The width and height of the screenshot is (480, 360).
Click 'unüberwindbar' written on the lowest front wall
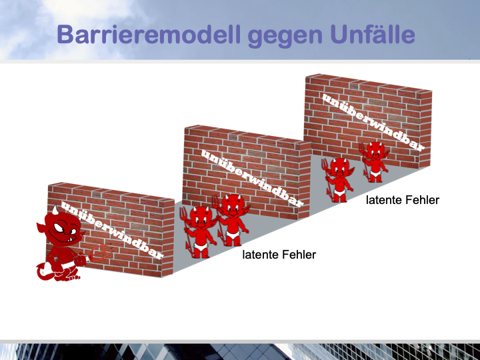(x=112, y=230)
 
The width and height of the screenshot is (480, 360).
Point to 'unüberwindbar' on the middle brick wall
(x=252, y=178)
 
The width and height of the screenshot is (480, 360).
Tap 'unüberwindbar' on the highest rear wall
(x=373, y=122)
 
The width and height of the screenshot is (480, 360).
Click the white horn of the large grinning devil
(x=55, y=210)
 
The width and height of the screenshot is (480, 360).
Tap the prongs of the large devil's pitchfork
(x=99, y=253)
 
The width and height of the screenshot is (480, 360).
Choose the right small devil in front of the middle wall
(x=233, y=219)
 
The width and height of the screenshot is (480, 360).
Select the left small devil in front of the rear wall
(x=337, y=180)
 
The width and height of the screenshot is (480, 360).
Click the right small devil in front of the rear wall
(x=374, y=161)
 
